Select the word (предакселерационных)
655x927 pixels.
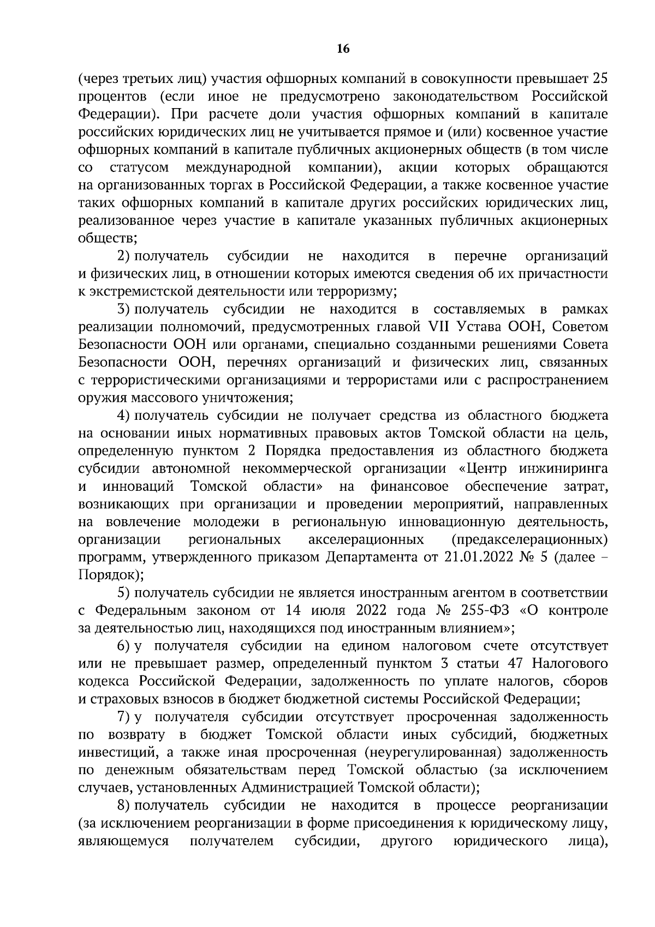(529, 539)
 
